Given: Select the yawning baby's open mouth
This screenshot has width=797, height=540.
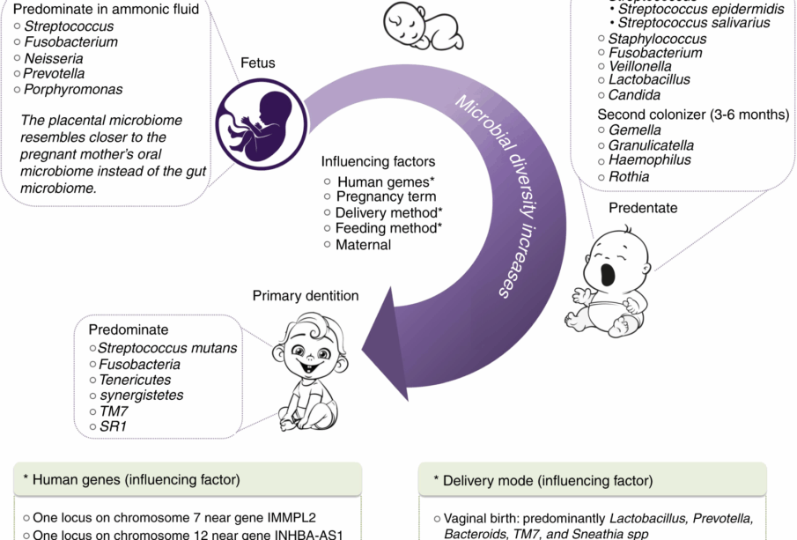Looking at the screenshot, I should pos(608,275).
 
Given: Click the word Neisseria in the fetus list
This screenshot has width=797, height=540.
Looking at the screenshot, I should pos(53,57).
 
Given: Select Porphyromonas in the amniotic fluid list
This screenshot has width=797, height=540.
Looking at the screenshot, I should pos(73,89).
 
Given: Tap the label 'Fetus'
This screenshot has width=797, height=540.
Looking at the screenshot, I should pos(258,63).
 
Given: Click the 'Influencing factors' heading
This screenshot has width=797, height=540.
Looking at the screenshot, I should pos(378,162).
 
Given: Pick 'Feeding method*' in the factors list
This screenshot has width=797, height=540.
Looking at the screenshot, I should pos(388,228).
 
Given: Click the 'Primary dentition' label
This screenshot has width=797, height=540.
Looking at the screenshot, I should pos(306,296).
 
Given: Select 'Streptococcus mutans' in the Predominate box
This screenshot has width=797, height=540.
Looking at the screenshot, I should pos(167,348).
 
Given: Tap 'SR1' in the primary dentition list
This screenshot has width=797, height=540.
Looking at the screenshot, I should pos(112,426).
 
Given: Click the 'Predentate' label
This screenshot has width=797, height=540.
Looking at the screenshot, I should pos(643,208).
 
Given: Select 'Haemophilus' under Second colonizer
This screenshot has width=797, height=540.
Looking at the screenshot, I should pos(649,160).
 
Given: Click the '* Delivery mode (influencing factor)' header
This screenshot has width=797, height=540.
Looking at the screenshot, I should pos(542,481).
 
